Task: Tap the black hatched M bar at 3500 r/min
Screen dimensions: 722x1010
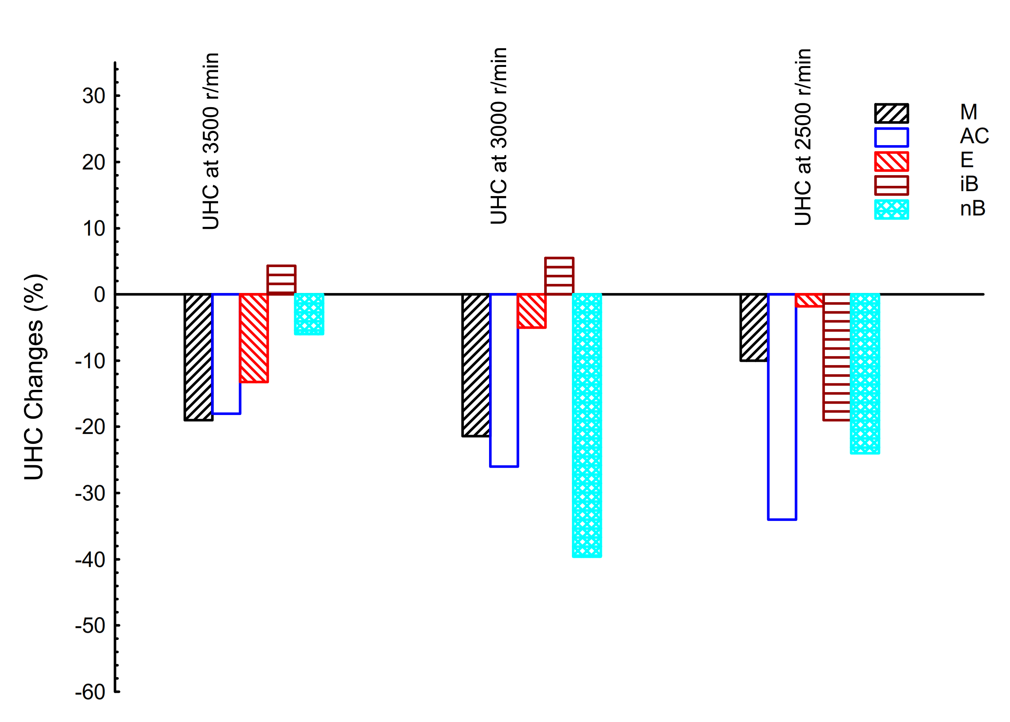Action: pos(199,357)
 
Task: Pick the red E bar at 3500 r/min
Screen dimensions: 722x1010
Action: pos(254,338)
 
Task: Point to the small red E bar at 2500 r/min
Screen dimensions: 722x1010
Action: pos(809,301)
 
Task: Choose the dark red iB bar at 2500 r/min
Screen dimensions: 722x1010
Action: pos(837,357)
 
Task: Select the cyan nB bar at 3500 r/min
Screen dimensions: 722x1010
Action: pos(309,314)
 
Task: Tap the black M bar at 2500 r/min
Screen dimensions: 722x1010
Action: pos(754,327)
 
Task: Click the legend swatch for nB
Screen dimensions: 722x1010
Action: pos(891,209)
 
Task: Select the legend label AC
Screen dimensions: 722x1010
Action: pos(974,136)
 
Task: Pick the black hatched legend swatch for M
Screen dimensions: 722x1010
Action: pos(891,113)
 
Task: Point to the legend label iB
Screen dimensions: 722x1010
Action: pos(969,184)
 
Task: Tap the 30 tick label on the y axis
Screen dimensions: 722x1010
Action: pos(94,96)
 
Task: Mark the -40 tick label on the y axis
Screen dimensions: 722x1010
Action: pos(90,560)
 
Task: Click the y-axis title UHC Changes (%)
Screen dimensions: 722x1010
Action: pos(35,377)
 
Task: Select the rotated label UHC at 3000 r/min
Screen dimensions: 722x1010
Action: pos(499,136)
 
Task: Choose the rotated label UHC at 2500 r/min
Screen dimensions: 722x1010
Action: pos(803,137)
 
